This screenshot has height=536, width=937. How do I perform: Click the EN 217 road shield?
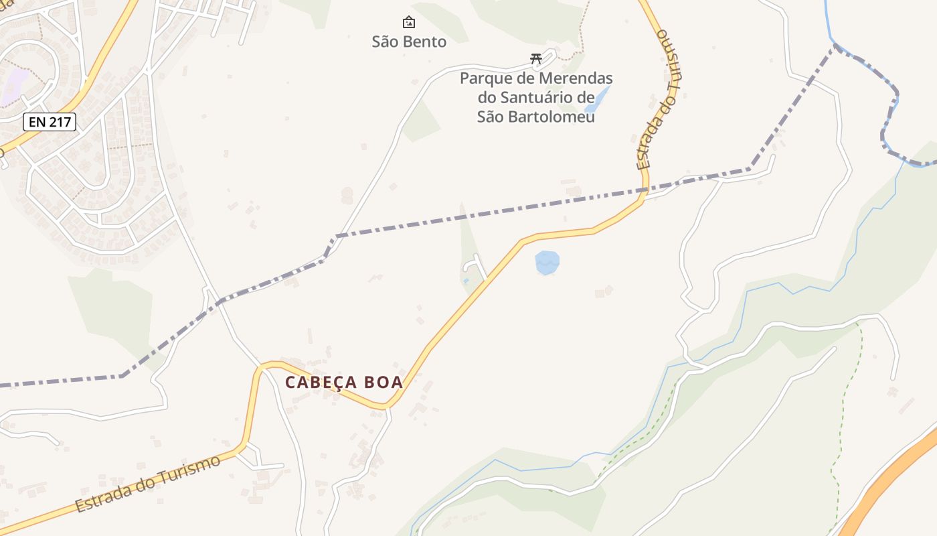[50, 122]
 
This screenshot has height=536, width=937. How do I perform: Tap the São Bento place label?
[409, 42]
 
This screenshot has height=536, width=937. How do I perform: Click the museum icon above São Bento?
[409, 23]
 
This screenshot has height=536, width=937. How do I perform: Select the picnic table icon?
[535, 59]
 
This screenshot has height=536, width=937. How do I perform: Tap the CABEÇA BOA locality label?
[344, 383]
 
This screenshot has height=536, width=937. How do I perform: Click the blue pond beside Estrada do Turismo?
[547, 262]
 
